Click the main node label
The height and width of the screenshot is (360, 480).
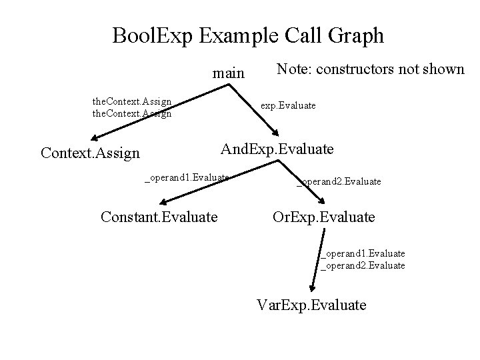[x=228, y=73]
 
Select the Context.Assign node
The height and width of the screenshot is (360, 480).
[x=90, y=153]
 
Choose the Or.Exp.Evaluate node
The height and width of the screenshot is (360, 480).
[x=323, y=217]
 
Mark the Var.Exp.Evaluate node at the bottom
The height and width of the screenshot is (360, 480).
[x=311, y=305]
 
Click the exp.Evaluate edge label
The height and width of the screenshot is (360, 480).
[x=288, y=105]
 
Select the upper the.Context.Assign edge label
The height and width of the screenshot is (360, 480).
[x=132, y=101]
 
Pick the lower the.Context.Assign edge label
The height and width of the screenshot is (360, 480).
[x=132, y=113]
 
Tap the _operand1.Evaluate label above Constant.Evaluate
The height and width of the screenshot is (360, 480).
[x=187, y=177]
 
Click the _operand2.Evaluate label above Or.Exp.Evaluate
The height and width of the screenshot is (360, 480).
[x=339, y=181]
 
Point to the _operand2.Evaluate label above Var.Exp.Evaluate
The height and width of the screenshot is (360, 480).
[x=363, y=265]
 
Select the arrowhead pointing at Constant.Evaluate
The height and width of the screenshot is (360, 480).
[x=166, y=200]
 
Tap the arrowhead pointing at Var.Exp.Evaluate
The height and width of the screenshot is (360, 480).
[x=311, y=287]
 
